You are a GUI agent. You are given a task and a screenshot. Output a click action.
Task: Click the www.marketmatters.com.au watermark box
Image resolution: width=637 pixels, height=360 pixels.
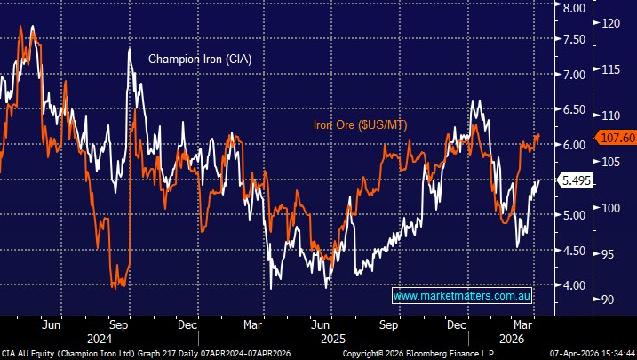coord(462,295)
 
